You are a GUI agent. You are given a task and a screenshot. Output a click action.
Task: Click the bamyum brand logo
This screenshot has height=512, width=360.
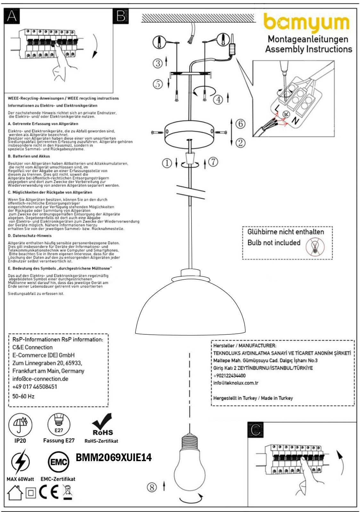click(x=306, y=23)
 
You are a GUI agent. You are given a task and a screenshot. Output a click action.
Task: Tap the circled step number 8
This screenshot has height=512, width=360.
click(x=152, y=487)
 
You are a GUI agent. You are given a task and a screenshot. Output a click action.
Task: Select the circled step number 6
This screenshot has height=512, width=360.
click(x=240, y=124)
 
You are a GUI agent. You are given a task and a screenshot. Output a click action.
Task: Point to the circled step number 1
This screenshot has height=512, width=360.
click(x=167, y=163)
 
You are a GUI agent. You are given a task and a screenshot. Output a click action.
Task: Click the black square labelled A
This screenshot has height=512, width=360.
click(x=12, y=16)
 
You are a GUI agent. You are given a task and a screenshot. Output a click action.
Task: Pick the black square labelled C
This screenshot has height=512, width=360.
click(x=255, y=430)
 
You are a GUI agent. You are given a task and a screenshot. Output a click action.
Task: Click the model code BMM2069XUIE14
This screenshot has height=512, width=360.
click(x=114, y=458)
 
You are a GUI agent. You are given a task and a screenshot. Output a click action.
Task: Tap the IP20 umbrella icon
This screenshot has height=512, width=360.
click(x=20, y=425)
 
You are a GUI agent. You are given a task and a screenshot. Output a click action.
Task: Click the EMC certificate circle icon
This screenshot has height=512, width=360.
click(x=58, y=462)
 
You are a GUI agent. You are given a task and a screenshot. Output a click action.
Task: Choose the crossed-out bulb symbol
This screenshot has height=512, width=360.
click(x=315, y=247)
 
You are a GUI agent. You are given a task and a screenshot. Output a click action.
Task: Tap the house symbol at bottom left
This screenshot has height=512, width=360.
click(x=15, y=493)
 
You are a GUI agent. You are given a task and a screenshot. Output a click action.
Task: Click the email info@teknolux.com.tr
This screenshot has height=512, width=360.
click(x=236, y=383)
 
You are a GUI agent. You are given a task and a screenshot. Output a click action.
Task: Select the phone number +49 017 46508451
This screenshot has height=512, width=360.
click(x=35, y=387)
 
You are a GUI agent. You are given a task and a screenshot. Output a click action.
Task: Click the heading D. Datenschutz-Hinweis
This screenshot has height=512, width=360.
click(x=29, y=236)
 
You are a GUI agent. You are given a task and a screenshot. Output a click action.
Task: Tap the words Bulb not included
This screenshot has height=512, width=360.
click(x=274, y=243)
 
